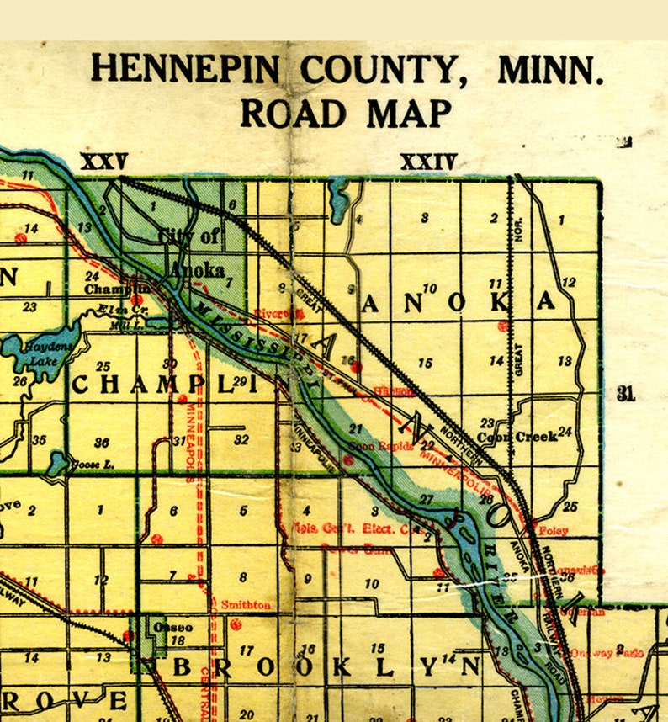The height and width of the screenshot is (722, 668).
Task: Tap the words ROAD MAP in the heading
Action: click(x=346, y=113)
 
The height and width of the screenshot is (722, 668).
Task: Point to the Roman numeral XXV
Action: click(x=103, y=162)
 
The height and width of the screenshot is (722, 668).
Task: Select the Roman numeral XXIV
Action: click(x=427, y=162)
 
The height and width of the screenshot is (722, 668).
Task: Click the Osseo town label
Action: click(x=173, y=628)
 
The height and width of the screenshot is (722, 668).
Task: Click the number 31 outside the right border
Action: click(x=625, y=393)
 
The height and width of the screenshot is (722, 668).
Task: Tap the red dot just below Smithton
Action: click(x=236, y=624)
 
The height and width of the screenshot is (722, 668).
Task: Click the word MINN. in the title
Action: click(x=550, y=68)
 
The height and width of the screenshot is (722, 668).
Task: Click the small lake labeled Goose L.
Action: click(x=57, y=462)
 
